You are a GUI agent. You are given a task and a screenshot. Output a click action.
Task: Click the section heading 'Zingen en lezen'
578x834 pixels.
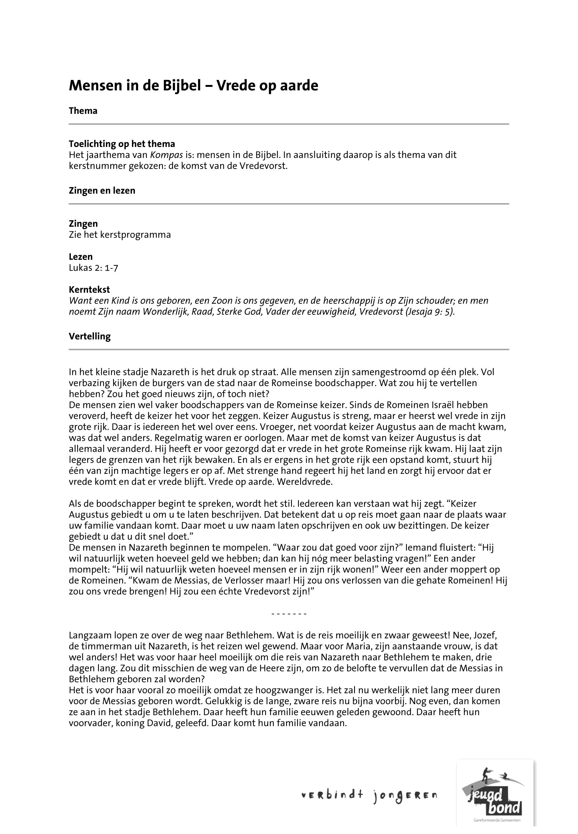(102, 191)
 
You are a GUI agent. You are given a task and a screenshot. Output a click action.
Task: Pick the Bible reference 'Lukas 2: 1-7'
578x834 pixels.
(93, 268)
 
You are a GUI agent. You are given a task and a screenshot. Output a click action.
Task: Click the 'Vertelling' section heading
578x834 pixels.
(90, 336)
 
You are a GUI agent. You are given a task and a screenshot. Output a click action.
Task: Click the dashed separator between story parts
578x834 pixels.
(289, 614)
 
